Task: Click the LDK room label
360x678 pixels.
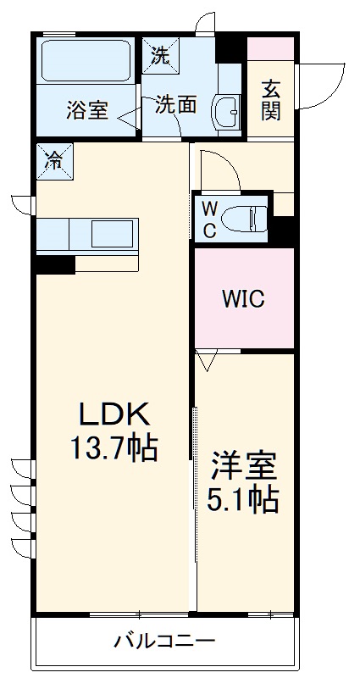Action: (x=114, y=414)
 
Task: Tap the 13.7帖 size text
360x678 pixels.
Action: (x=114, y=447)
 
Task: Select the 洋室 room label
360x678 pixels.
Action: (x=244, y=468)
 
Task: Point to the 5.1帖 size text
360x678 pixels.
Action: (x=244, y=500)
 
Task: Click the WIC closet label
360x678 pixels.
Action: (x=244, y=299)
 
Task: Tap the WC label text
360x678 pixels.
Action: (x=209, y=219)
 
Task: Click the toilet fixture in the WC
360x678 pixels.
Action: (x=253, y=218)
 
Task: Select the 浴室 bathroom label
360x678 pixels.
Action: (x=87, y=111)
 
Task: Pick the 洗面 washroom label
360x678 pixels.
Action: (x=175, y=104)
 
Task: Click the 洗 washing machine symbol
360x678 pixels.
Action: (x=158, y=55)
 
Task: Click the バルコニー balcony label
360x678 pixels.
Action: (x=165, y=642)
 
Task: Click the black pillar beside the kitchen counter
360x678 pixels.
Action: (x=55, y=264)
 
